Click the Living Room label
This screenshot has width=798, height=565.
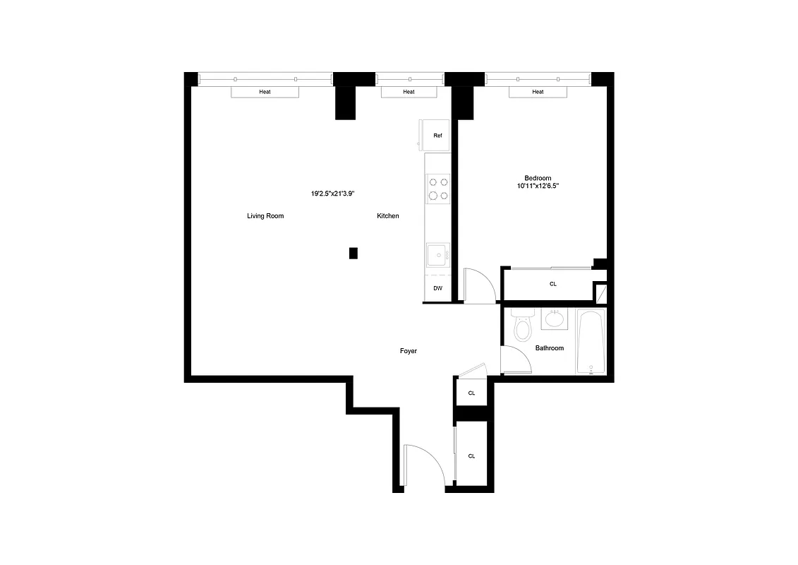(x=265, y=216)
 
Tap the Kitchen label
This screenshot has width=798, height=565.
(x=388, y=216)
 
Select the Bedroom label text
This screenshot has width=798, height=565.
(x=538, y=178)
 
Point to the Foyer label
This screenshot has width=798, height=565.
(x=409, y=350)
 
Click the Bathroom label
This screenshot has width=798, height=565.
(x=550, y=348)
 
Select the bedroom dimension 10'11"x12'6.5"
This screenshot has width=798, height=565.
(x=538, y=186)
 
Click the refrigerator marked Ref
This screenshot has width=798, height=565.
(x=437, y=135)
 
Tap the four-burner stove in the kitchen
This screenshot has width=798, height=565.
(x=438, y=188)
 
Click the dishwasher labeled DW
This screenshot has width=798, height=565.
(x=437, y=288)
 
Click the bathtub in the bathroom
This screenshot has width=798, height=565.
(x=591, y=343)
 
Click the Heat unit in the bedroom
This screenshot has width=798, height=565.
(x=538, y=92)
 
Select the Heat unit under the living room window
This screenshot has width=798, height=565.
(x=265, y=92)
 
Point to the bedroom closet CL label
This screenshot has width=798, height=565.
(x=553, y=284)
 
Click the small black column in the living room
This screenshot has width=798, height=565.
(x=353, y=253)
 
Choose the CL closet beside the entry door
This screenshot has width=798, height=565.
(x=471, y=456)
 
